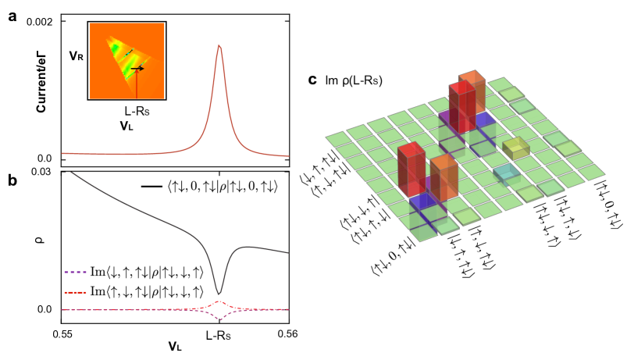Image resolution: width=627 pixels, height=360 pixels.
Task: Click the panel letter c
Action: coord(312,80)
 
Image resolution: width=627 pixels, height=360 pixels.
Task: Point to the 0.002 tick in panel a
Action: coord(40,21)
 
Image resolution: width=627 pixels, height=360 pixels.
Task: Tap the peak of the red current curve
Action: coord(219,45)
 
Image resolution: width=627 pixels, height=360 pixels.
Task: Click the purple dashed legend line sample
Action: coord(77,273)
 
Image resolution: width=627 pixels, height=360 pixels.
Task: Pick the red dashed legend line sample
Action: coord(77,292)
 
